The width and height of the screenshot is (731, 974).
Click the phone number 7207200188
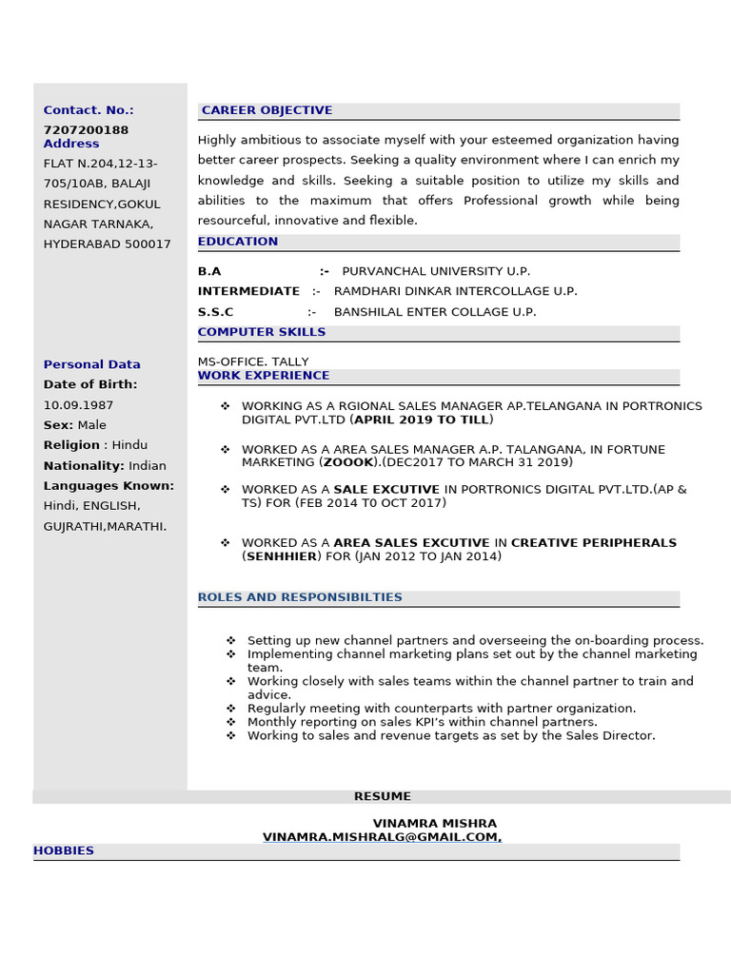pos(86,129)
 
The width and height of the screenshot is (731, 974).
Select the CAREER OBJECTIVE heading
pos(267,110)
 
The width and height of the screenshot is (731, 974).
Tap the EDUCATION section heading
pos(238,242)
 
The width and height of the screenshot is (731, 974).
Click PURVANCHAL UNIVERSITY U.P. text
pos(436,271)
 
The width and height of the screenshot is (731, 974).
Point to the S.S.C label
pos(215,312)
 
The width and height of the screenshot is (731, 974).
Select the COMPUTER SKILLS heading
pos(262,332)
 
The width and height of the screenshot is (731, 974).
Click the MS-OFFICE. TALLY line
pos(253,361)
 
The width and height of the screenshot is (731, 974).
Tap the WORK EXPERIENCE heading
pos(264,376)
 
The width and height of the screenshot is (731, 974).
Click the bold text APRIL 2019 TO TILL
pos(422,419)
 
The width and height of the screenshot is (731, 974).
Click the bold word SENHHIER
pos(282,556)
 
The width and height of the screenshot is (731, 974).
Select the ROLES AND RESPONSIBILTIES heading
pos(300,597)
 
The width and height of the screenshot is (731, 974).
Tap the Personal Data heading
pos(91,364)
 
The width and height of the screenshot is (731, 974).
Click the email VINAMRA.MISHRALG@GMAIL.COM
pos(382,837)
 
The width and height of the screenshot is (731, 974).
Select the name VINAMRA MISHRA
pos(434,823)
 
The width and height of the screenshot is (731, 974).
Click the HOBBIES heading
pos(64,850)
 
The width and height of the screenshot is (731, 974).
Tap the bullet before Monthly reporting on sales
pos(231,722)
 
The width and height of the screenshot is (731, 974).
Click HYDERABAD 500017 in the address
pos(108,244)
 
